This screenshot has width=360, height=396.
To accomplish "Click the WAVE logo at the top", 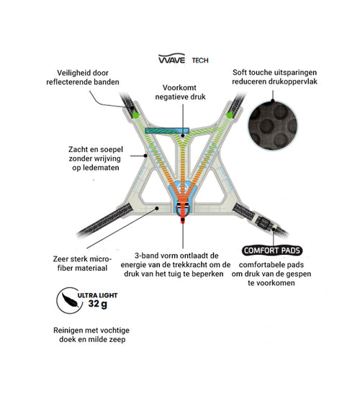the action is click(x=171, y=58).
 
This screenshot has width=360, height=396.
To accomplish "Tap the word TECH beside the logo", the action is click(x=200, y=60).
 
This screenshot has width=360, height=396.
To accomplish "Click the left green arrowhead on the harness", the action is click(x=135, y=114).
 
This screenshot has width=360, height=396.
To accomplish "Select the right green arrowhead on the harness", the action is click(x=230, y=114).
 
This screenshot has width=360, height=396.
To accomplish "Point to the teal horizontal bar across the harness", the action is click(x=167, y=130).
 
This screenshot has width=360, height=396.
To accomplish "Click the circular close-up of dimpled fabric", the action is click(x=273, y=125).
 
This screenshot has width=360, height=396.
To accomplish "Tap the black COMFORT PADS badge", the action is click(x=272, y=251).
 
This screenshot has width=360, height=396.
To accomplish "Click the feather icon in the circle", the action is click(x=69, y=300).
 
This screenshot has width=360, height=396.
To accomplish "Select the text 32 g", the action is click(x=97, y=304).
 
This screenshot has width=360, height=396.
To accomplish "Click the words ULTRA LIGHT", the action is click(x=97, y=295).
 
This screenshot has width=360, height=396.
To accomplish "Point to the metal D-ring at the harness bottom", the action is click(x=183, y=210).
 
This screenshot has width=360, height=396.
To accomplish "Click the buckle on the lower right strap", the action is click(x=264, y=222).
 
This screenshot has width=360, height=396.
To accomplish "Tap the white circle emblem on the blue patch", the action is click(x=182, y=187).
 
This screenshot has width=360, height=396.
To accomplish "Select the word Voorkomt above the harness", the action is click(x=179, y=88).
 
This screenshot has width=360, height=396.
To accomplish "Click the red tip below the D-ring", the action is click(x=183, y=220).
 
